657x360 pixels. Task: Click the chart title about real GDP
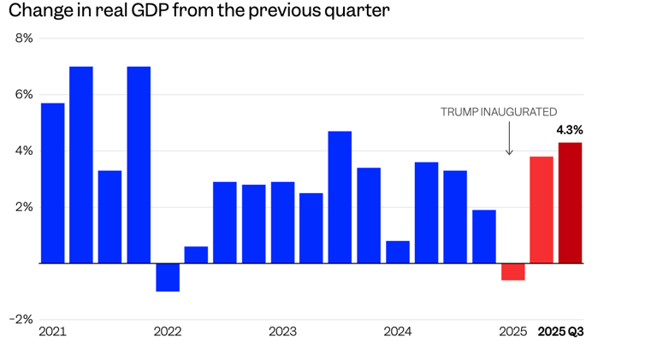[x=199, y=12]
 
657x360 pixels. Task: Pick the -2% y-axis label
[x=21, y=319]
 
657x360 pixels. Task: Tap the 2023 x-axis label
[x=282, y=332]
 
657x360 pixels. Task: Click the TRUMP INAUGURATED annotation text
[x=499, y=112]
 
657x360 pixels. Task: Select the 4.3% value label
[x=570, y=130]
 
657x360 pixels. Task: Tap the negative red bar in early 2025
[x=513, y=272]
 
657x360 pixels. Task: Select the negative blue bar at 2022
[x=168, y=277]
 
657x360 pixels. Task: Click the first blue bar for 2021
[x=52, y=183]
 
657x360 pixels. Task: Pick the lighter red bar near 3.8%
[x=542, y=210]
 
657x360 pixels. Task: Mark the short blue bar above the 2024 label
[x=398, y=252]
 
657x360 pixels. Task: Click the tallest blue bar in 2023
[x=340, y=197]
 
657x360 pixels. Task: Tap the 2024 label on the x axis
[x=398, y=332]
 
